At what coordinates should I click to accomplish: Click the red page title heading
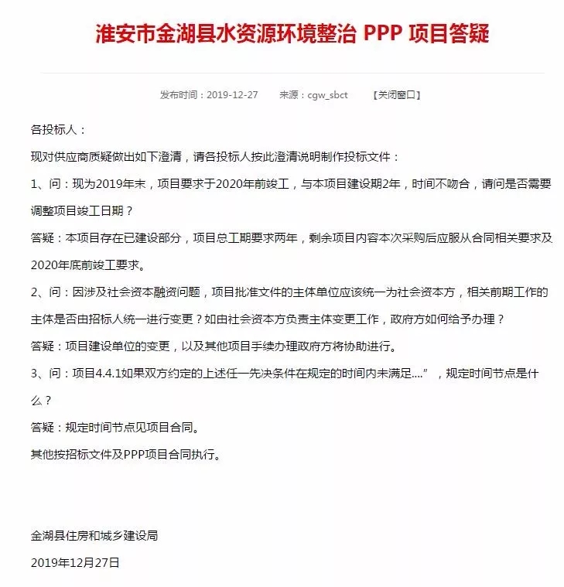click(292, 35)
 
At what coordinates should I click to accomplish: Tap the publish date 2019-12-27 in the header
click(231, 95)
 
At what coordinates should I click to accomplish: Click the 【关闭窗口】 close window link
click(397, 95)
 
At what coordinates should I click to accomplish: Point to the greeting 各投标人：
click(58, 129)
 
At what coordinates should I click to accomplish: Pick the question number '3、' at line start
click(39, 373)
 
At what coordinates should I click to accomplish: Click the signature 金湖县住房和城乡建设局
click(94, 535)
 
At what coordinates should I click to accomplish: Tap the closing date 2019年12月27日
click(75, 562)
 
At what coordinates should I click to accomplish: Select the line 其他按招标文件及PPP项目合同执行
click(126, 454)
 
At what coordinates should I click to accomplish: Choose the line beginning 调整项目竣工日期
click(84, 210)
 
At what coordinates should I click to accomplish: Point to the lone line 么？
click(41, 400)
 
